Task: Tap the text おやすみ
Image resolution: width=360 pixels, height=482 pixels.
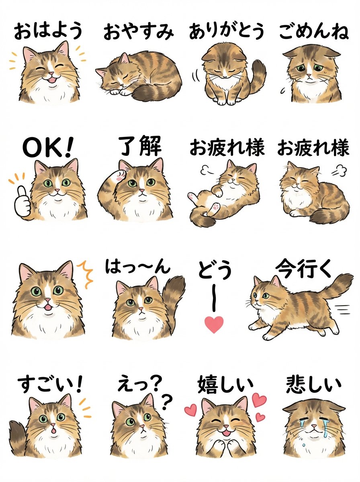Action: click(139, 32)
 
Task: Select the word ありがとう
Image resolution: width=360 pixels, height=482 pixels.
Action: click(227, 31)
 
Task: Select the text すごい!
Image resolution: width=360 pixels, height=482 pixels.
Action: click(49, 384)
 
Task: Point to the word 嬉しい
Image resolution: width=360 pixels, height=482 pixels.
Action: click(226, 384)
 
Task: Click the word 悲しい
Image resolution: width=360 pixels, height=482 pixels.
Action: click(314, 384)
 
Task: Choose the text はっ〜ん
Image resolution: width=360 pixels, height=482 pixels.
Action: click(137, 267)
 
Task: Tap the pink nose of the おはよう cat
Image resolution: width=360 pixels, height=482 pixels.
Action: click(50, 75)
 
